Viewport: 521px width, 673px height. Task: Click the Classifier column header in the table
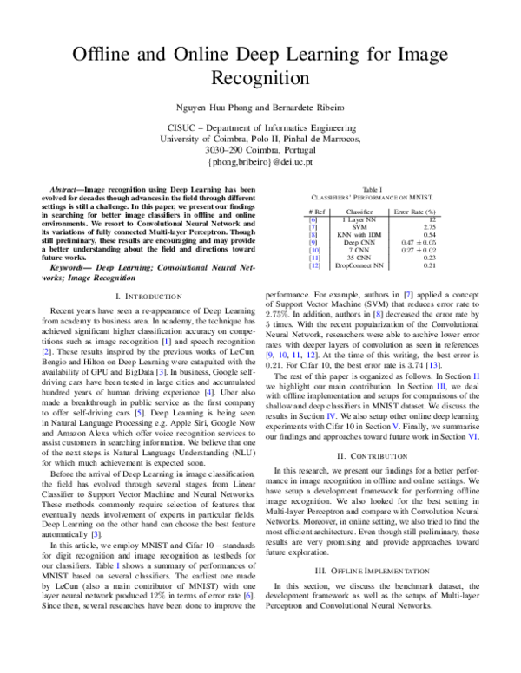click(x=359, y=212)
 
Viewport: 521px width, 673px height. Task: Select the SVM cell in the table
click(x=359, y=226)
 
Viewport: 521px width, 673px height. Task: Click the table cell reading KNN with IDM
click(x=359, y=234)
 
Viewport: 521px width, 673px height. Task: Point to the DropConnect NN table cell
click(x=359, y=265)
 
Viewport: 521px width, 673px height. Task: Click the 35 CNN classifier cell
click(x=359, y=258)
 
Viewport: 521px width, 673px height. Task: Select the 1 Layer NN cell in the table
click(x=359, y=219)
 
